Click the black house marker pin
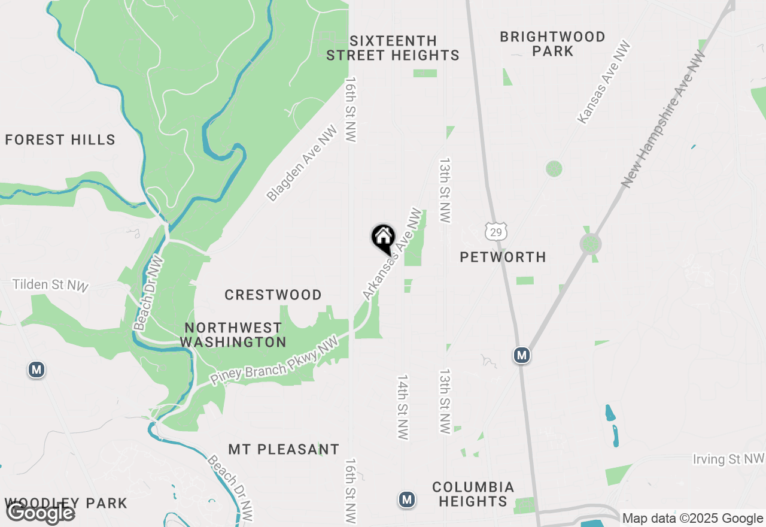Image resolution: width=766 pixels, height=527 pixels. coord(383,238)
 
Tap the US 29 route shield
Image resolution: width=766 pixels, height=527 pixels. coord(496,231)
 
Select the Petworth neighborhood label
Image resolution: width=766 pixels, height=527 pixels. coord(503,257)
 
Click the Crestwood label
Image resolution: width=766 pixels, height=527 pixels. coord(273,295)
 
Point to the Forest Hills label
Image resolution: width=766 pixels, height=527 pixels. coord(60,140)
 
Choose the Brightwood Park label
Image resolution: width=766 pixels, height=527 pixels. coord(552,44)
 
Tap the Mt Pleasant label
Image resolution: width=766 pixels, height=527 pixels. coord(284,449)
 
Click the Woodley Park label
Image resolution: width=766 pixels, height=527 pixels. coord(66,503)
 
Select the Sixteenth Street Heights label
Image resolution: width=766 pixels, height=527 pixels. coord(393,48)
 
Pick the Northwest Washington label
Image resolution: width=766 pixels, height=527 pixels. coord(233,335)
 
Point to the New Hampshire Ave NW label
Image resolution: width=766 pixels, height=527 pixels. coord(664,119)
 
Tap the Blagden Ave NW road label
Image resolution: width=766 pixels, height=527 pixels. coord(302,163)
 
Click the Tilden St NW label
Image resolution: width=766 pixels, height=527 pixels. coord(50,284)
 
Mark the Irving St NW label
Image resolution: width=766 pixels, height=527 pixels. coord(728,459)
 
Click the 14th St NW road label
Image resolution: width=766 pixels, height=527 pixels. coord(403,407)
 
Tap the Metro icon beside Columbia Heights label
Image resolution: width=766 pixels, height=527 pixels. coord(407,499)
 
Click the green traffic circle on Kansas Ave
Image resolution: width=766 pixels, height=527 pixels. coord(554,168)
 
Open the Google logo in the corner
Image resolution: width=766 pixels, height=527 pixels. coord(40,513)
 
